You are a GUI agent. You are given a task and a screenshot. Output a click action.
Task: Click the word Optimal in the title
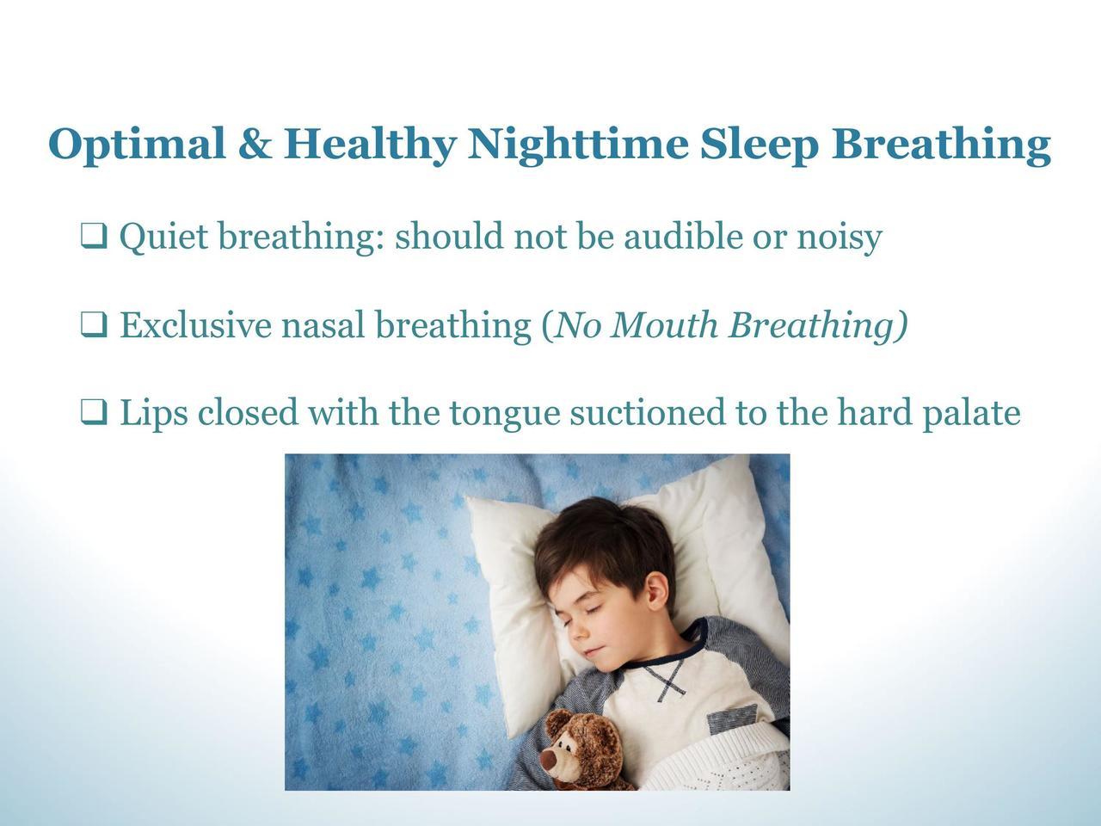(137, 145)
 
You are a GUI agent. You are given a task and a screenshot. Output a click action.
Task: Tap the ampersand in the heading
(255, 144)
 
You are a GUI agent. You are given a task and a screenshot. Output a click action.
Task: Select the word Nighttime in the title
(578, 145)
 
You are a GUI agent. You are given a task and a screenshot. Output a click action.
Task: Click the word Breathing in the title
(941, 145)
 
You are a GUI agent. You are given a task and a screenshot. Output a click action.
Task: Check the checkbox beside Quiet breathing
(94, 237)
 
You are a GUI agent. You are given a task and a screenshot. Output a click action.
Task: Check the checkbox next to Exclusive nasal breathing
(94, 324)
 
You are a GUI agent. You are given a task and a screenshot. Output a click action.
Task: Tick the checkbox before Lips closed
(94, 412)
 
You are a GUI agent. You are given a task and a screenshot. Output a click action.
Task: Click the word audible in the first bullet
(683, 235)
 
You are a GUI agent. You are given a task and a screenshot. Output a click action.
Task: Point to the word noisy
(840, 238)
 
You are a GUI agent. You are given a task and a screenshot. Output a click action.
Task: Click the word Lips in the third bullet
(154, 414)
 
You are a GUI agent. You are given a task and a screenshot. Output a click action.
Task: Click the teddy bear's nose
(550, 758)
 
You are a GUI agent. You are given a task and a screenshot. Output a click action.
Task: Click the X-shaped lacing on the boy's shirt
(670, 681)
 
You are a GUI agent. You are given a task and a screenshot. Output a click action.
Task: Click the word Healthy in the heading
(370, 145)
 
